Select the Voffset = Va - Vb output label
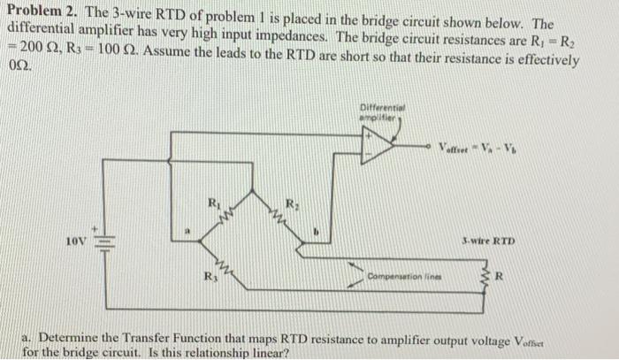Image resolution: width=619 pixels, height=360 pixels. [x=476, y=146]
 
